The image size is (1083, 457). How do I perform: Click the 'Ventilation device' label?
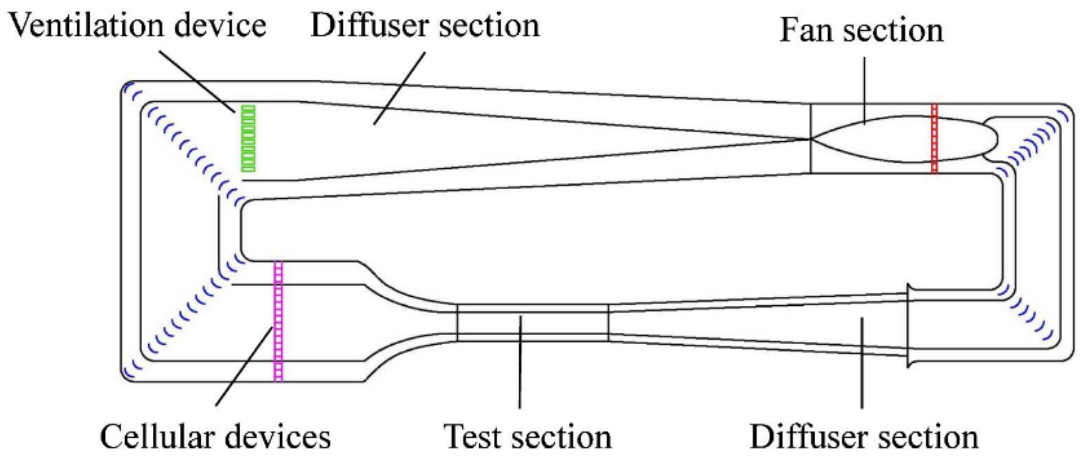138,26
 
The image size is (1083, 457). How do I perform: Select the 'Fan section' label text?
861,30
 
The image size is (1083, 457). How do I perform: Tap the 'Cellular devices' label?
215,436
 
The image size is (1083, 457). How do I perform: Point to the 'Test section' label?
527,436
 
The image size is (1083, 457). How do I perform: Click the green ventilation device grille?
248,138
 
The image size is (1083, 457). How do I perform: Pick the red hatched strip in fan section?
934,138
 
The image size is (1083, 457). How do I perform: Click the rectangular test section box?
532,323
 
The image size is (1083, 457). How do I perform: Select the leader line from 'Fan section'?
864,90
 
